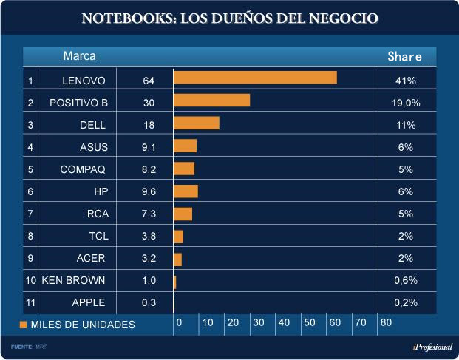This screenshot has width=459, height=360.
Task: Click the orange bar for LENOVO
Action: pos(255,78)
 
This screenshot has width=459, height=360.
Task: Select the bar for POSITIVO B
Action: pos(211,101)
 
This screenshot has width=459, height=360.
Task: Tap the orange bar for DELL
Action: pos(196,123)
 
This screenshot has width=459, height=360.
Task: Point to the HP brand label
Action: pos(101,191)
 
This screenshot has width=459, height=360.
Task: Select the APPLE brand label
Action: pos(89,302)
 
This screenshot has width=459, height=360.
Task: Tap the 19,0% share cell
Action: pos(405,103)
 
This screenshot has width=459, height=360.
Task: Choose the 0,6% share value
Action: pos(405,280)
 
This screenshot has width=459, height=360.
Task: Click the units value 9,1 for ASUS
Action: pos(148,147)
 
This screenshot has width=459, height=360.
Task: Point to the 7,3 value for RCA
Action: pos(148,214)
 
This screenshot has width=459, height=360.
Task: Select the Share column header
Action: pos(405,56)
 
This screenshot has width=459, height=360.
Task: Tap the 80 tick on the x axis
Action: pos(386,322)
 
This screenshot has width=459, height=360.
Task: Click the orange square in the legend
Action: pos(24,325)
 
